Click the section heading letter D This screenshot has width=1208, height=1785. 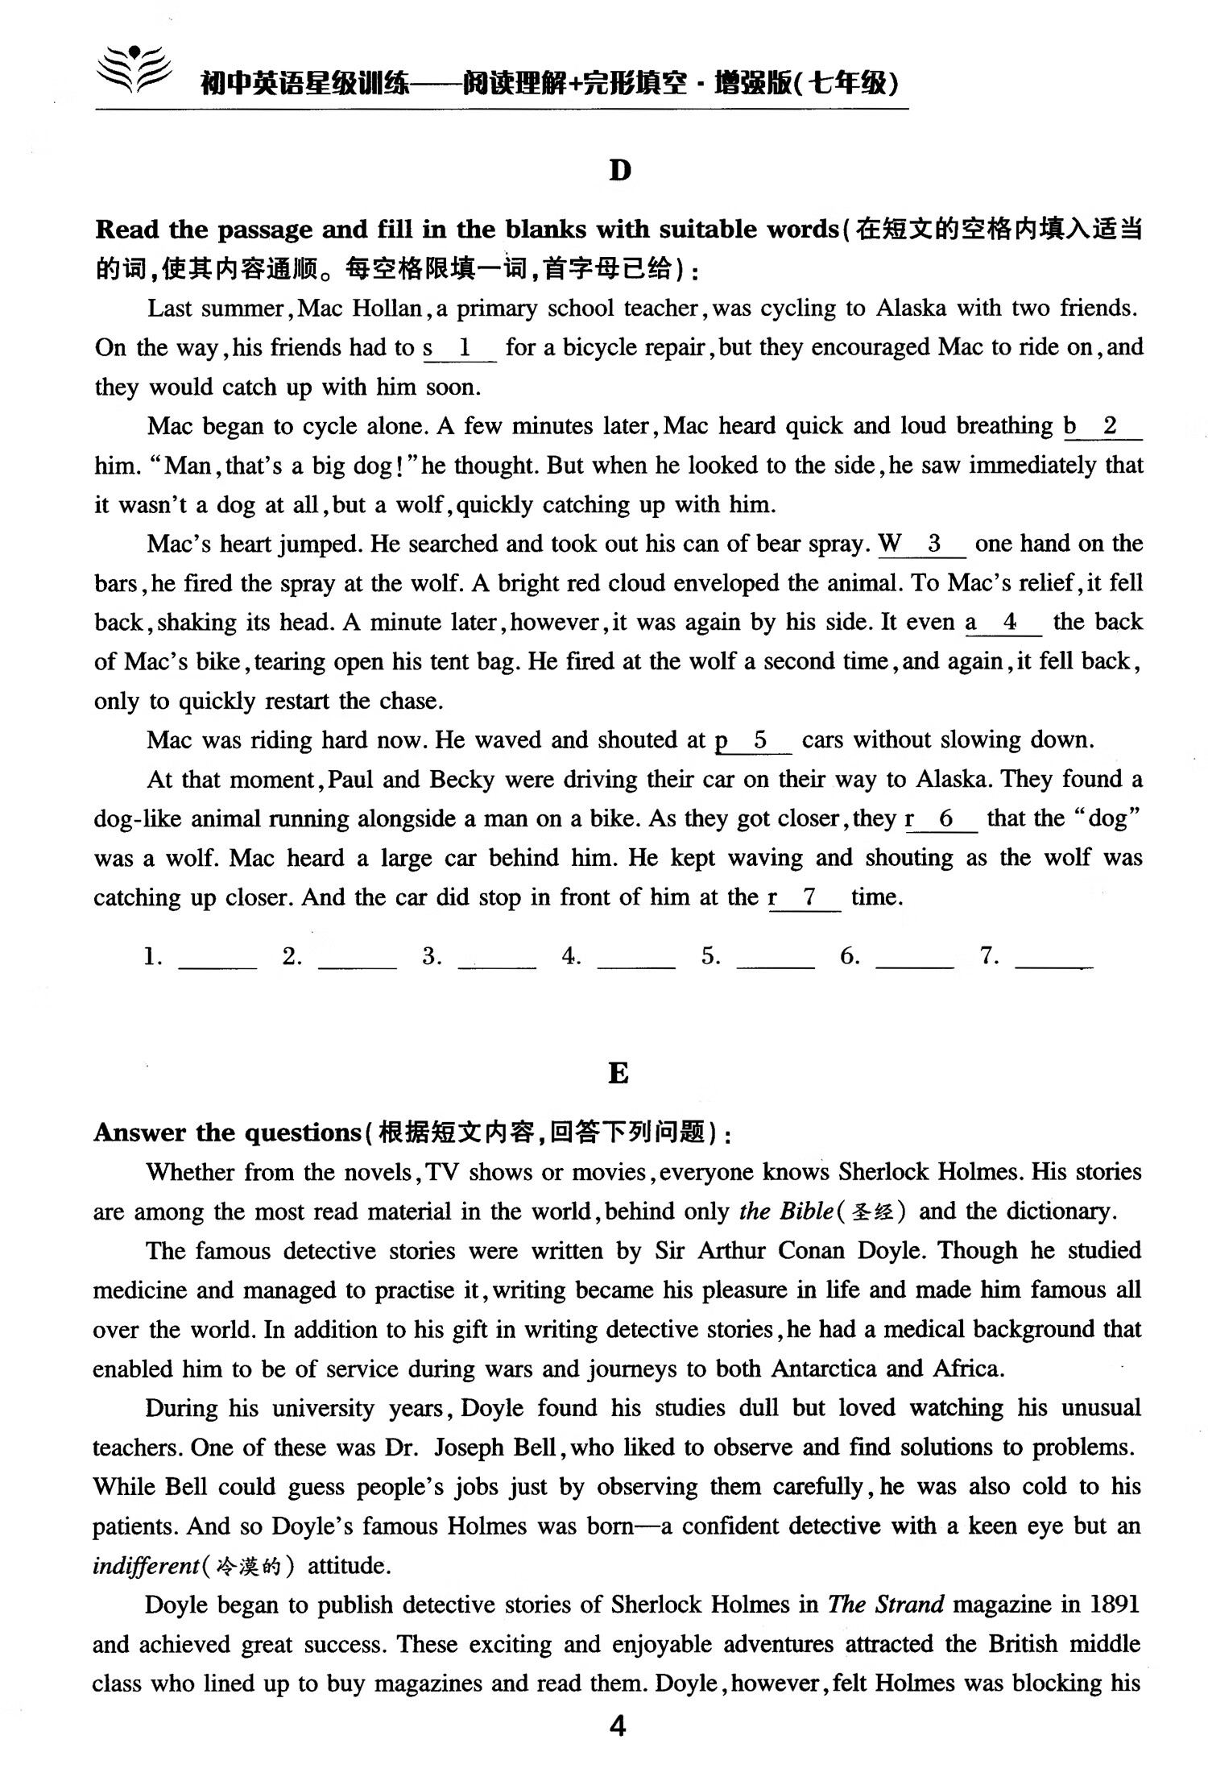[619, 170]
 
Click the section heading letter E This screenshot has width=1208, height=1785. [618, 1073]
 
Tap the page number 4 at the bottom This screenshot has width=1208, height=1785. [618, 1726]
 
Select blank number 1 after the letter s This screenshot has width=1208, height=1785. [464, 349]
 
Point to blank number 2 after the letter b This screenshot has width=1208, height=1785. [1110, 427]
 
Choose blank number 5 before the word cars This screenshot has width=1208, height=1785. [760, 741]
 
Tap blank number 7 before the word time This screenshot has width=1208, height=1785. [809, 898]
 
